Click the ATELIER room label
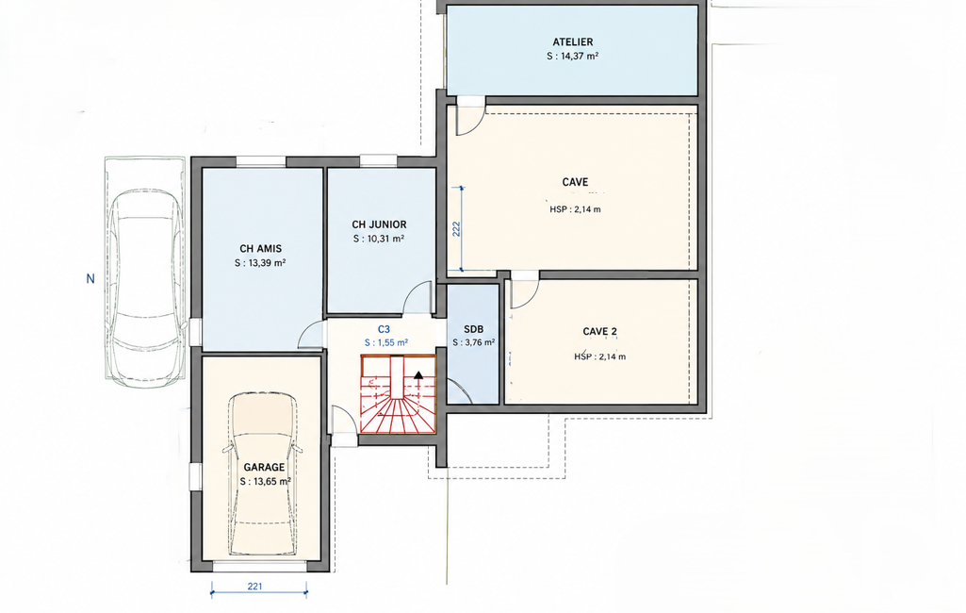(x=572, y=41)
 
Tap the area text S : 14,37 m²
(x=572, y=57)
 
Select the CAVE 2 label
(x=599, y=332)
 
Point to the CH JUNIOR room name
(x=379, y=225)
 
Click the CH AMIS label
(x=261, y=249)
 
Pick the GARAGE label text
(x=264, y=468)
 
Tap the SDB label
(x=473, y=330)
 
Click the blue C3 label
(x=384, y=330)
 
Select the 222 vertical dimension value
(x=456, y=229)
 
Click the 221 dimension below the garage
(x=255, y=587)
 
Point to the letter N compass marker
(x=90, y=279)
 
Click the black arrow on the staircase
(x=419, y=375)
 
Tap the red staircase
(x=398, y=394)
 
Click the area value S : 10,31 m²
(x=379, y=240)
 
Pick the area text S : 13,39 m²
(x=260, y=263)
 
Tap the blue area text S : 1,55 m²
(x=386, y=343)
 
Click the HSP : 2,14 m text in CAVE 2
(x=600, y=357)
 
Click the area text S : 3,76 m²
(x=474, y=343)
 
